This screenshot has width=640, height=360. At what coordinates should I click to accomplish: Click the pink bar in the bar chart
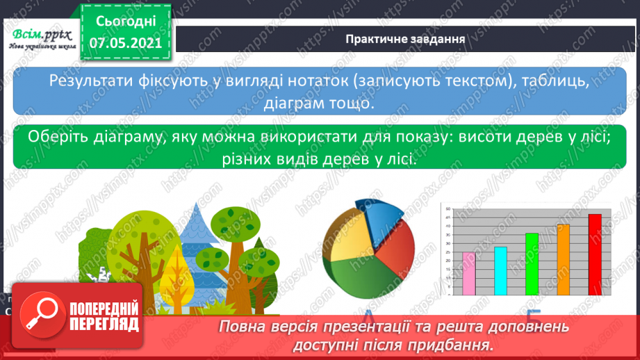[469, 274]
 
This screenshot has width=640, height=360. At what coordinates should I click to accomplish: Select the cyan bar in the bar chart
[500, 271]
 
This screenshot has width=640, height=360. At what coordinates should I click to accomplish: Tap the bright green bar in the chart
[532, 264]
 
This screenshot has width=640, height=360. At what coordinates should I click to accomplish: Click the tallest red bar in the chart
[595, 254]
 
